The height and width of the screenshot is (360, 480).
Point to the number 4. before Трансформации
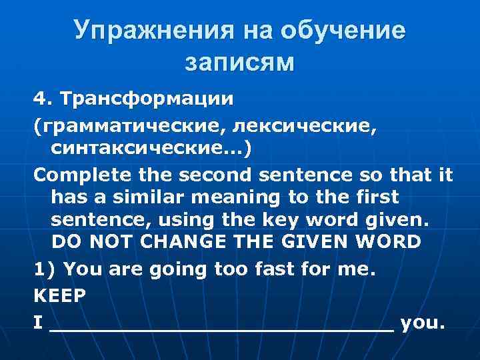pos(44,99)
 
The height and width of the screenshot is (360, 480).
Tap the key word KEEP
pos(60,295)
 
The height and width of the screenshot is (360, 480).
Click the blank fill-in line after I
pos(221,325)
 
